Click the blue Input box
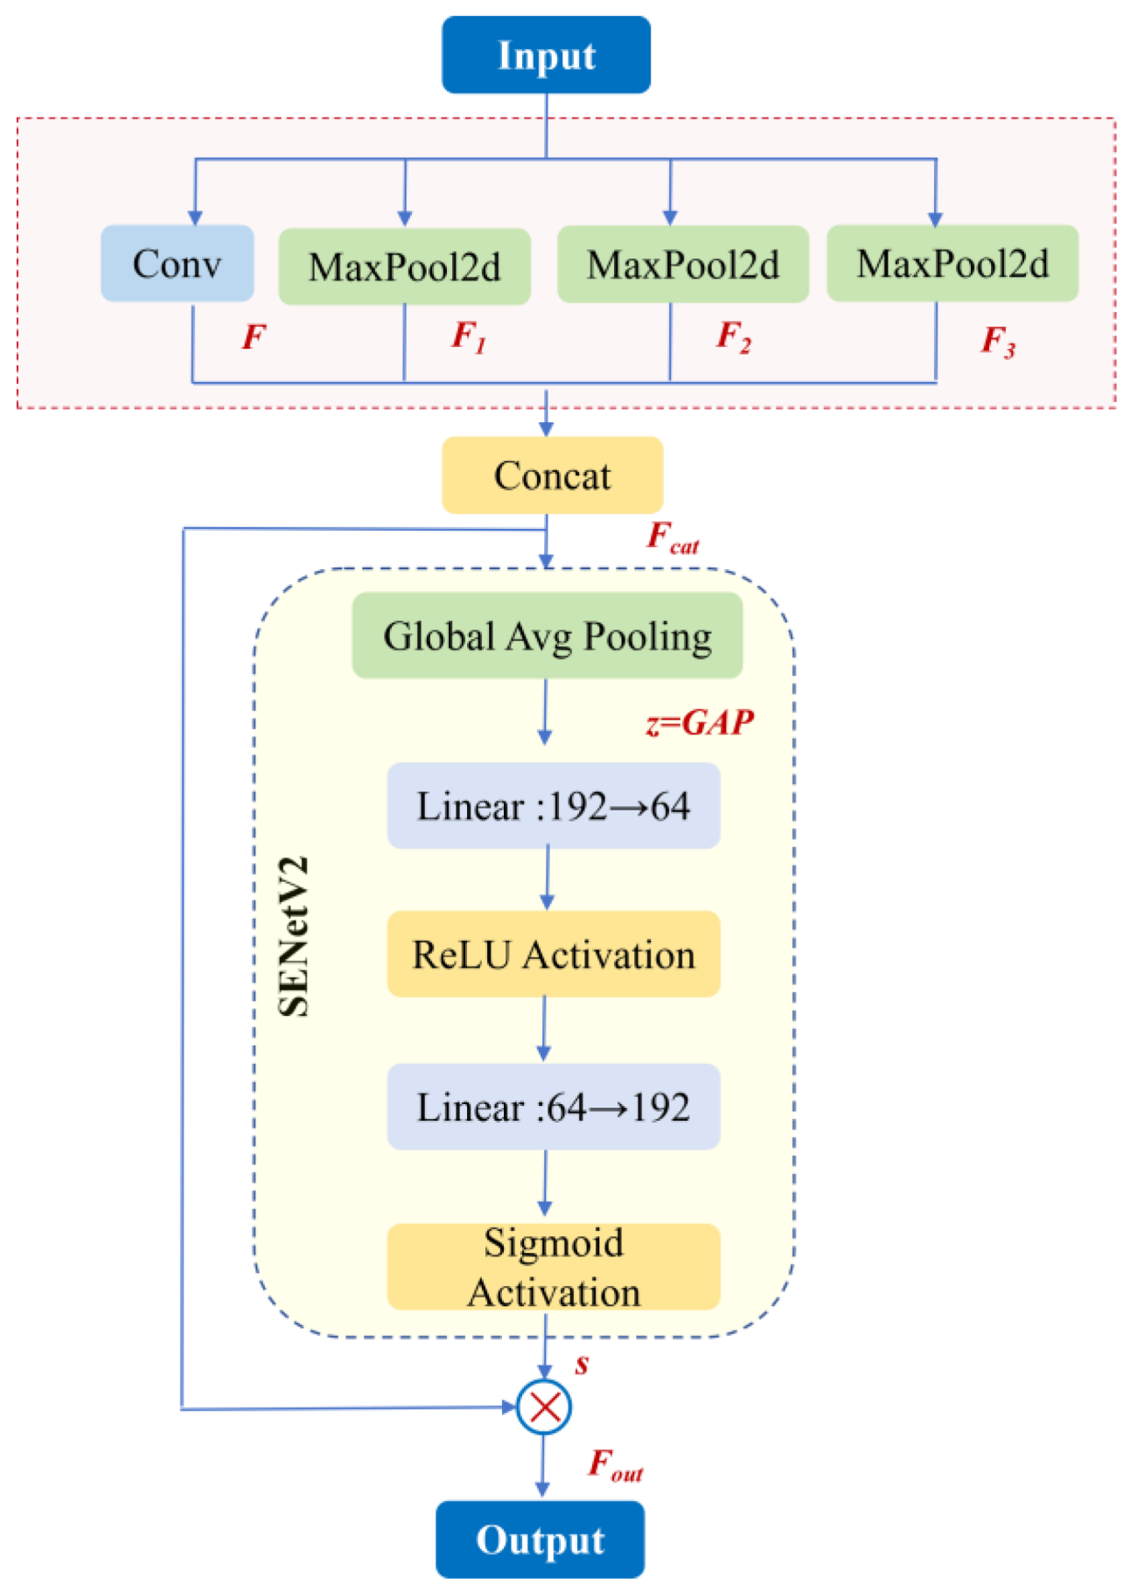pos(546,54)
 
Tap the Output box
pos(540,1539)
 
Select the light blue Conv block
pos(177,263)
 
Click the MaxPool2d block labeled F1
pos(404,267)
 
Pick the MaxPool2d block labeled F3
pos(952,263)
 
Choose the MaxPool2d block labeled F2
pos(682,264)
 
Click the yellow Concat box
pos(552,475)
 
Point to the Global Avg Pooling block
pos(547,636)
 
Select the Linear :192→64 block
pos(553,805)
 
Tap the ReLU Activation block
pos(553,954)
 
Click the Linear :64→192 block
pos(553,1106)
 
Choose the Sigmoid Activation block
pos(553,1266)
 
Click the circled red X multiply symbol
pos(544,1407)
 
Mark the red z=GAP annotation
pos(699,723)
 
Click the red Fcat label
pos(671,538)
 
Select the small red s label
pos(582,1365)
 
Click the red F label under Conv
pos(254,337)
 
